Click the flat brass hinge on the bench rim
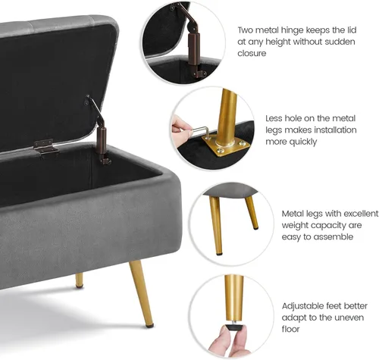pos(46,147)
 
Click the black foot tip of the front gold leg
pos(149,325)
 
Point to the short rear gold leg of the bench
pos(79,280)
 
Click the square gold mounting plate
pos(225,146)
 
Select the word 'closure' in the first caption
pos(252,53)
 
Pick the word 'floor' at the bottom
pos(290,329)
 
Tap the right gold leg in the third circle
pos(252,213)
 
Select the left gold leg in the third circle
pos(215,226)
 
